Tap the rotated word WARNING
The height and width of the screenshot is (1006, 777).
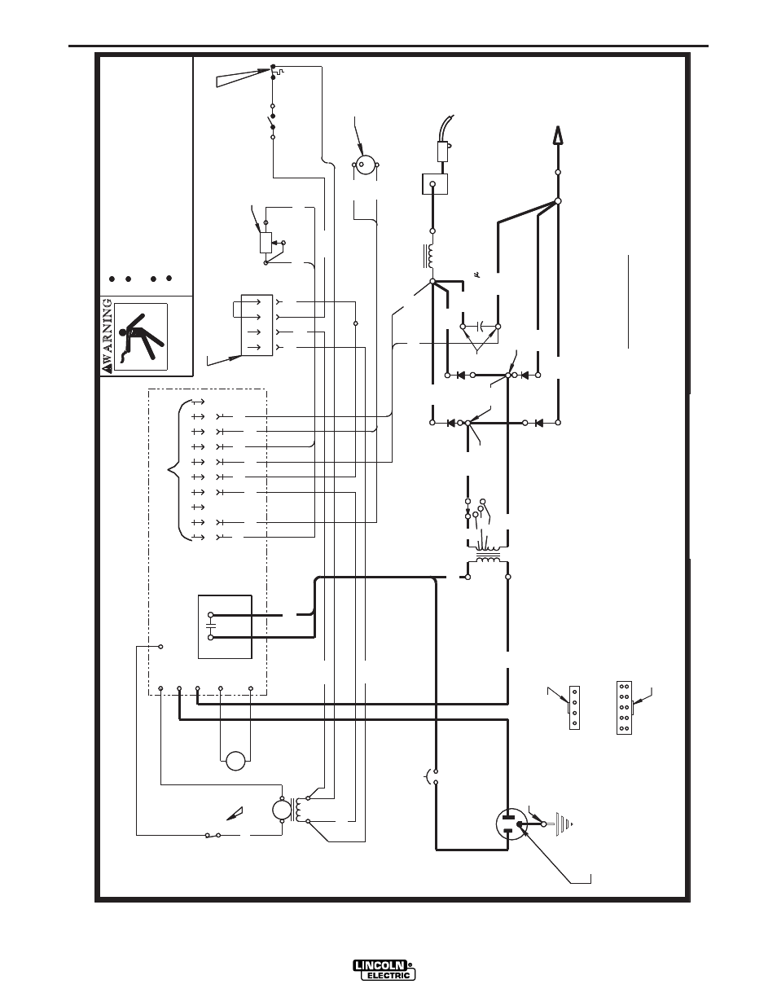(107, 335)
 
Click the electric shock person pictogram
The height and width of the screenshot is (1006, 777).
(141, 336)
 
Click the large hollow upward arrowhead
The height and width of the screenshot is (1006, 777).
(558, 135)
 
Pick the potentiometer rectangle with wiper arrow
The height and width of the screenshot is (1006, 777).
(266, 243)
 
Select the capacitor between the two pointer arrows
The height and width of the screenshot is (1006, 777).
(481, 327)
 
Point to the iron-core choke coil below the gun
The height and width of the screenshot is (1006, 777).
(429, 256)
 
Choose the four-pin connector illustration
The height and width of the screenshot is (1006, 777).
(574, 707)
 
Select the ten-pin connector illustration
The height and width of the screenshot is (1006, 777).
(625, 707)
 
